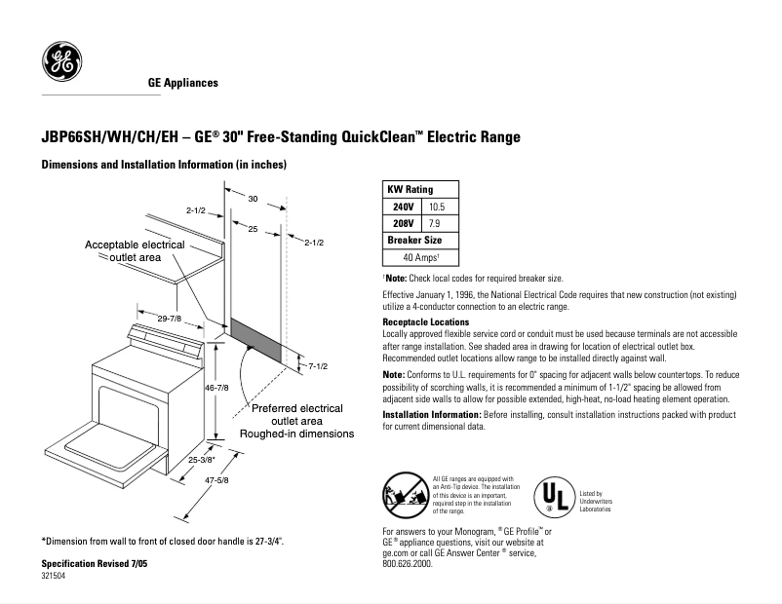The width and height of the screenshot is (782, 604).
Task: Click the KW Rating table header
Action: (411, 189)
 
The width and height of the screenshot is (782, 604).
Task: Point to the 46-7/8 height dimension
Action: (215, 388)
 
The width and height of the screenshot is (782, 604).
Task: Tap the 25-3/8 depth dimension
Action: (203, 460)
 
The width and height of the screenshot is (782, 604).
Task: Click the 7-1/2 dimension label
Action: (318, 365)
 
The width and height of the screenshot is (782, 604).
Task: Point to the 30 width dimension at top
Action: (253, 198)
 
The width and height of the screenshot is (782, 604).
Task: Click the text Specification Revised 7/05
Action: (96, 564)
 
